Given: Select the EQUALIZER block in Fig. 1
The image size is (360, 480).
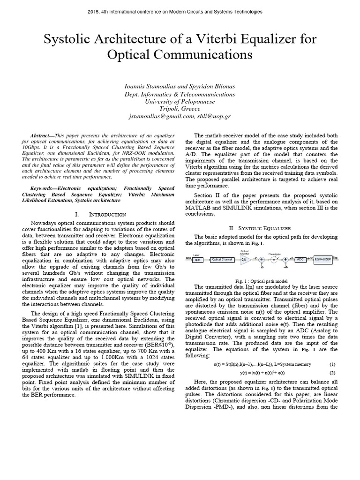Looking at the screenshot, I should (x=322, y=259).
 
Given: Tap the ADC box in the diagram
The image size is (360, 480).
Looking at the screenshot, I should (x=301, y=259).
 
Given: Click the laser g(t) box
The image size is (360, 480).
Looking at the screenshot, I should (x=197, y=259).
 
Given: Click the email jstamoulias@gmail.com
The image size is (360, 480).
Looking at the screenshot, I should (x=161, y=116).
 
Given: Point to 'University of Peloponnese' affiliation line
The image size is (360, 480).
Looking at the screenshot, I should (x=180, y=101).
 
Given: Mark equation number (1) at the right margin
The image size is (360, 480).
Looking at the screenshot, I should (x=332, y=364).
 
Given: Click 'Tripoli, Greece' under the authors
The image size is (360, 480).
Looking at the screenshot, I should (x=180, y=108).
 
